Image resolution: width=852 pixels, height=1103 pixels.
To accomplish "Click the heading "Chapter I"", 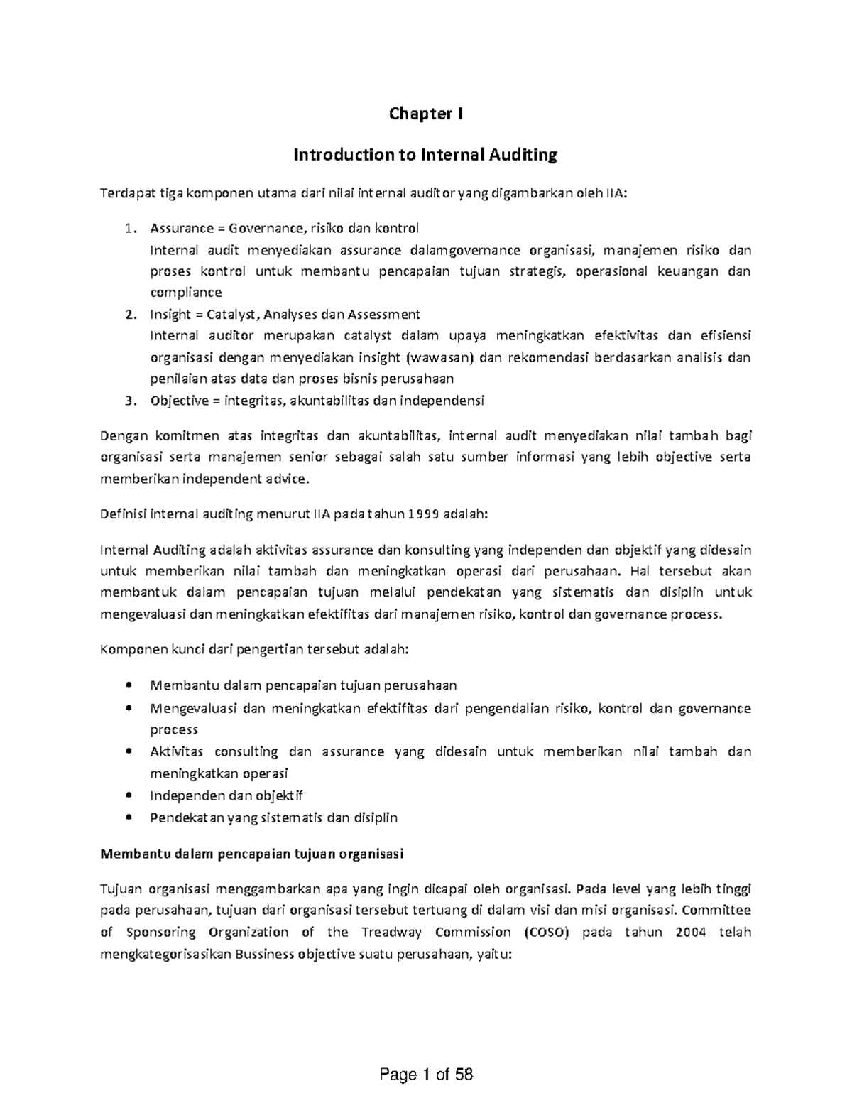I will (425, 114).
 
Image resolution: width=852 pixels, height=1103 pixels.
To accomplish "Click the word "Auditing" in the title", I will (522, 155).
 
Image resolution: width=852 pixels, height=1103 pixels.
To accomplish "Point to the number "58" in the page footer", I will (464, 1075).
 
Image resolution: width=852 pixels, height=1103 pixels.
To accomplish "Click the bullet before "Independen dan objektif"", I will (129, 796).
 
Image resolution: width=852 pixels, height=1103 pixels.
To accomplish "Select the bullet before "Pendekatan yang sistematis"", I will (129, 817).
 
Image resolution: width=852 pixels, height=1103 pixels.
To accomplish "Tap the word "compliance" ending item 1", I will (186, 293).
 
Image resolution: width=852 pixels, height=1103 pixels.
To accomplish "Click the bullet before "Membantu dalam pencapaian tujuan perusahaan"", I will (129, 686).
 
